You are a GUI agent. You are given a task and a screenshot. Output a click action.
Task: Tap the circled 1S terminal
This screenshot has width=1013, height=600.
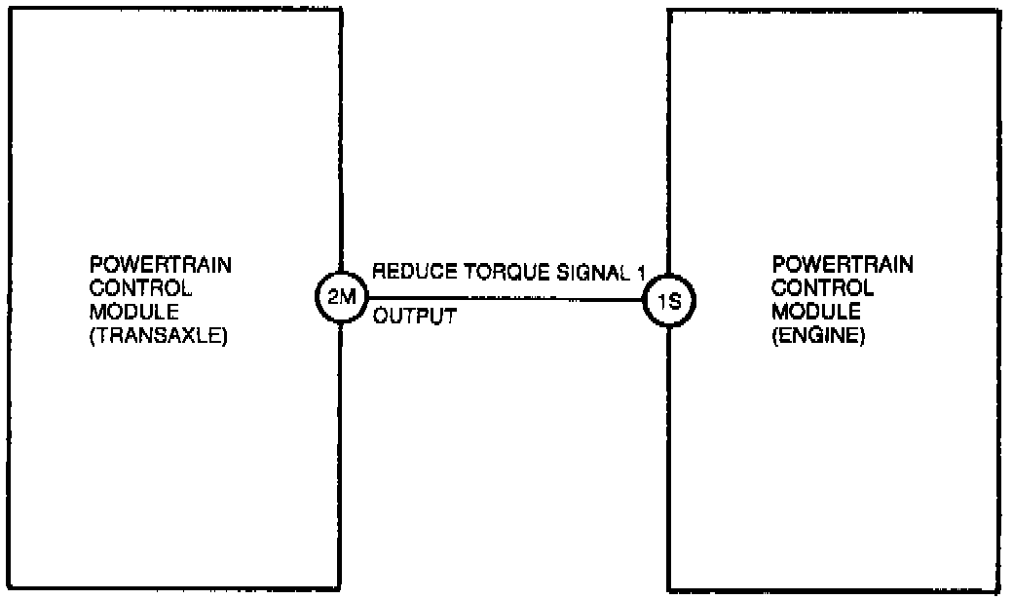[670, 302]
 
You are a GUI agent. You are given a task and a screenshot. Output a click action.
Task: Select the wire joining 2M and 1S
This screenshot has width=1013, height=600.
[506, 299]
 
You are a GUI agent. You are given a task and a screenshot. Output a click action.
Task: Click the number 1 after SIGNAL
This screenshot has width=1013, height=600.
[640, 275]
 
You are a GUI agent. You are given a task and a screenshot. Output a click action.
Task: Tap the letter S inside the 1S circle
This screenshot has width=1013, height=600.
[676, 302]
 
